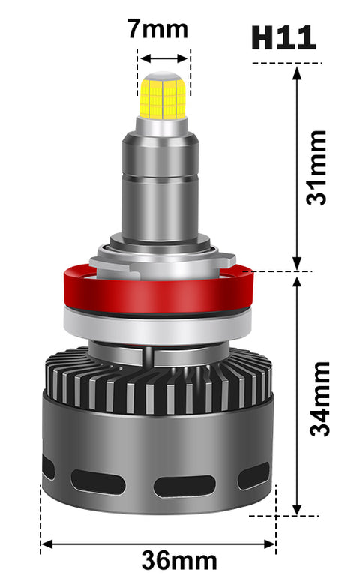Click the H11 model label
(283, 37)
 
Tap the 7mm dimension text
(157, 29)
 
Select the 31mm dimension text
(316, 168)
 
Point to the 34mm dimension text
(319, 399)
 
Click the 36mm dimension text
(179, 560)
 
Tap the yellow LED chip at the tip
(163, 98)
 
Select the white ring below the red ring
(157, 327)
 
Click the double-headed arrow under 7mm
(164, 58)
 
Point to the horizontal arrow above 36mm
(158, 544)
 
